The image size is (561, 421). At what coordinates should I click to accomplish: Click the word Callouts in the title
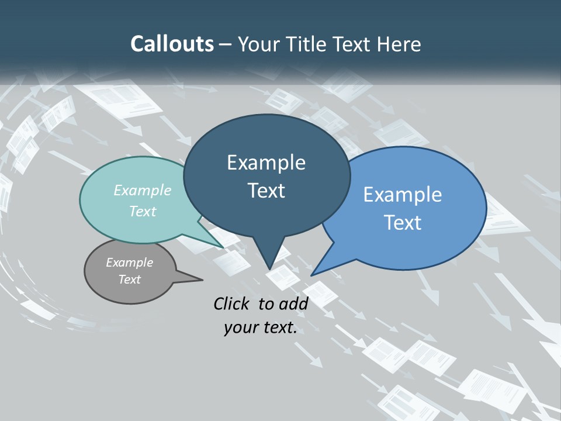pos(172,44)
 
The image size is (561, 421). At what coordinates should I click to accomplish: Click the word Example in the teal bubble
pos(143,190)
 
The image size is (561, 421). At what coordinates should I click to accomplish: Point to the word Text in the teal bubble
pos(143,211)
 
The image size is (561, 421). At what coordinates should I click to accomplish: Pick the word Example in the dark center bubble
pos(266,163)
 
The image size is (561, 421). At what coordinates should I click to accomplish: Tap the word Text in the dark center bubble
pos(266,191)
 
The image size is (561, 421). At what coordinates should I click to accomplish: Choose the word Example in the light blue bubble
pos(403,195)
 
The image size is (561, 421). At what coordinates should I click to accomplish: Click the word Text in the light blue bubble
pos(403,223)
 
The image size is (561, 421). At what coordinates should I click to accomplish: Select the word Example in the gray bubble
pos(129,263)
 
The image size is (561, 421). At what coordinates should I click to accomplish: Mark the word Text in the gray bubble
pos(129,279)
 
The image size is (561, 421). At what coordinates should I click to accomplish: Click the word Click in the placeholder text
pos(232,303)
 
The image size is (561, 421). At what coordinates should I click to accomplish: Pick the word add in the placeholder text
pos(293,303)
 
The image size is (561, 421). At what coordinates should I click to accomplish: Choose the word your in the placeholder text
pos(240,328)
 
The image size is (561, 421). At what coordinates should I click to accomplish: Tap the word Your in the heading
pos(258,44)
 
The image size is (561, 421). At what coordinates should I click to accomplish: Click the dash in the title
pos(226,44)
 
